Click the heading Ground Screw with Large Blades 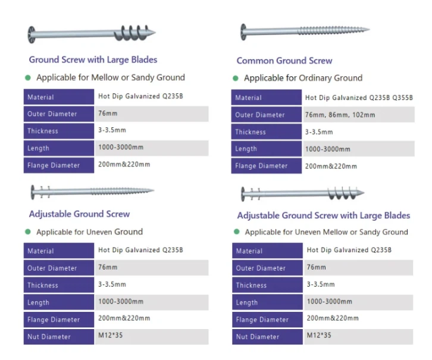pyautogui.click(x=93, y=60)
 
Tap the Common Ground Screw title pyautogui.click(x=284, y=61)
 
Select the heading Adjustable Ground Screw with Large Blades pyautogui.click(x=324, y=215)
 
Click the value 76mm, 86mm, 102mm pyautogui.click(x=340, y=115)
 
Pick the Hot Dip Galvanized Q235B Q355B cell pyautogui.click(x=359, y=98)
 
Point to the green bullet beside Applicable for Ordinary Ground pyautogui.click(x=235, y=79)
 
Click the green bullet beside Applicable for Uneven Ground pyautogui.click(x=28, y=231)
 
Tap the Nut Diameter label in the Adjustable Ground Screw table pyautogui.click(x=49, y=337)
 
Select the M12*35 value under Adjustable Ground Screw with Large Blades pyautogui.click(x=319, y=335)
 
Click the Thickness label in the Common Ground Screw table pyautogui.click(x=251, y=132)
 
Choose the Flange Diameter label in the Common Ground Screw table pyautogui.click(x=261, y=166)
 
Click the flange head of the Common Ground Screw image pyautogui.click(x=243, y=32)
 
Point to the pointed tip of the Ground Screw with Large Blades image pyautogui.click(x=155, y=33)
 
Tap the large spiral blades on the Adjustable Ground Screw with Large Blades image pyautogui.click(x=342, y=193)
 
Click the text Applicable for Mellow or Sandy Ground pyautogui.click(x=111, y=78)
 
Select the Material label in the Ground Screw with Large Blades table pyautogui.click(x=40, y=97)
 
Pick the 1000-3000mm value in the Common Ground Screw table pyautogui.click(x=328, y=149)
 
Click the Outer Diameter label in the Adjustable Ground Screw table pyautogui.click(x=52, y=268)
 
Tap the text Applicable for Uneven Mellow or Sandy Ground pyautogui.click(x=327, y=232)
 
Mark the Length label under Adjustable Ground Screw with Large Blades pyautogui.click(x=247, y=302)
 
